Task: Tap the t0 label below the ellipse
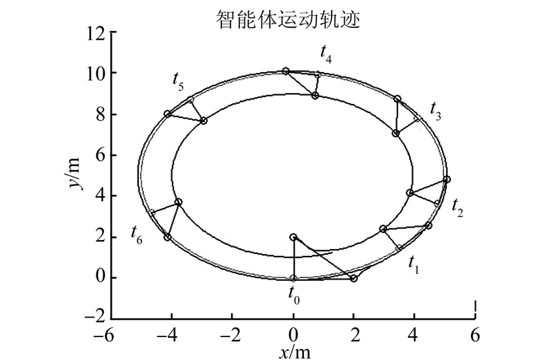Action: coord(294,294)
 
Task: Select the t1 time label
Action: coord(413,264)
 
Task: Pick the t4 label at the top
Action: coord(325,53)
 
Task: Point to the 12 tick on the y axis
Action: coord(97,32)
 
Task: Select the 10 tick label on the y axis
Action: coord(97,73)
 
